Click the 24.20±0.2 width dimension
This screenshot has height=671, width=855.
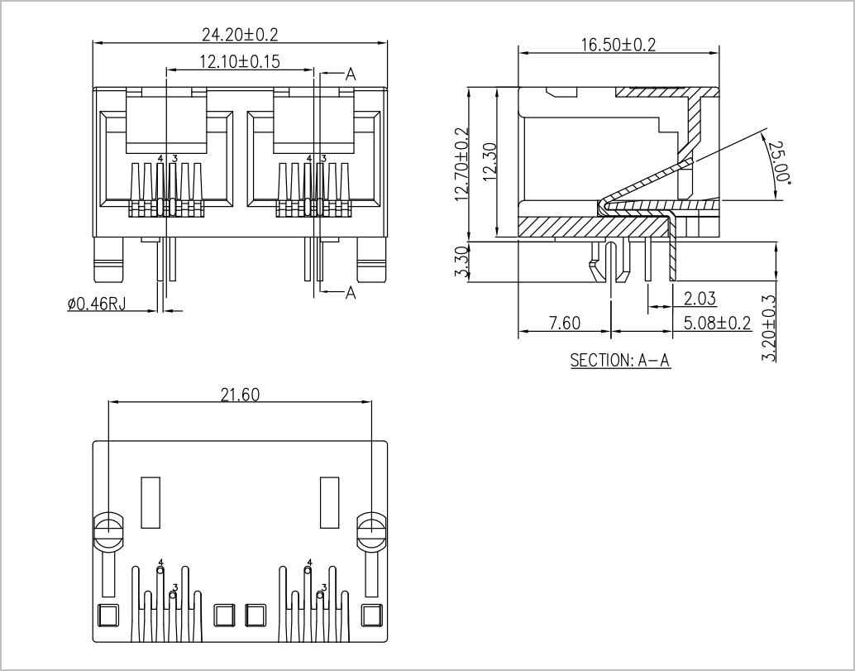coord(240,35)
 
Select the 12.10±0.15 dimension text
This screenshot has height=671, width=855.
coord(240,61)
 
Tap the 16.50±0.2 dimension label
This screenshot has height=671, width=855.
coord(619,45)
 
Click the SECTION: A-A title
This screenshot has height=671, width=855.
coord(620,360)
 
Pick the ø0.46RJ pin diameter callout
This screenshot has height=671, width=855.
coord(97,304)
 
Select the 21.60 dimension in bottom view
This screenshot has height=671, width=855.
coord(240,395)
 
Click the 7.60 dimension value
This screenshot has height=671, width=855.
coord(565,323)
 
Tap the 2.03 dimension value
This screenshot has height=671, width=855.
coord(700,299)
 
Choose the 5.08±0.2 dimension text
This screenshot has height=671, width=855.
coord(718,323)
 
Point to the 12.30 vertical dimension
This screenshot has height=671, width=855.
coord(490,162)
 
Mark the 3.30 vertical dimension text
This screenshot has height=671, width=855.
coord(461,261)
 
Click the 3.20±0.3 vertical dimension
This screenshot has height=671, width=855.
coord(768,328)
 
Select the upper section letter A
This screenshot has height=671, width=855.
coord(351,74)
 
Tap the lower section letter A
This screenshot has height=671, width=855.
coord(351,293)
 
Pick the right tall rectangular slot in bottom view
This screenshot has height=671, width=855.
coord(329,502)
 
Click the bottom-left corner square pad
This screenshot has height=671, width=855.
coord(107,616)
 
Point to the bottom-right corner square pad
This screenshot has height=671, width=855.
coord(372,616)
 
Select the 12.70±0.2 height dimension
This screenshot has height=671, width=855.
coord(462,164)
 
